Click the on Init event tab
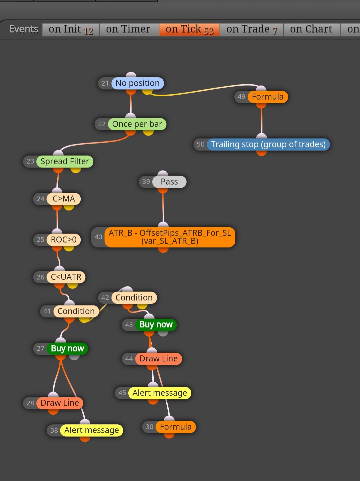coord(71,29)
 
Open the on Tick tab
coord(189,29)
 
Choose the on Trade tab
coord(251,29)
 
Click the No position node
coord(137,83)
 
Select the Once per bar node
coord(137,124)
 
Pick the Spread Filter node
coord(65,162)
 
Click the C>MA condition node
coord(64,199)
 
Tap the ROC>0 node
coord(64,240)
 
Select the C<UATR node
coord(66,277)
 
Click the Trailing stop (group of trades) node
coord(268,145)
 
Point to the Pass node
coord(169,182)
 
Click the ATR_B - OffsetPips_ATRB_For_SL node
coord(170,237)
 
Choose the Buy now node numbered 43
coord(156,324)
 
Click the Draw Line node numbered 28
coord(60,403)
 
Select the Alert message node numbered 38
coord(91,430)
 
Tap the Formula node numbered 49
coord(268,97)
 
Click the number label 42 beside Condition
coord(105,297)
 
